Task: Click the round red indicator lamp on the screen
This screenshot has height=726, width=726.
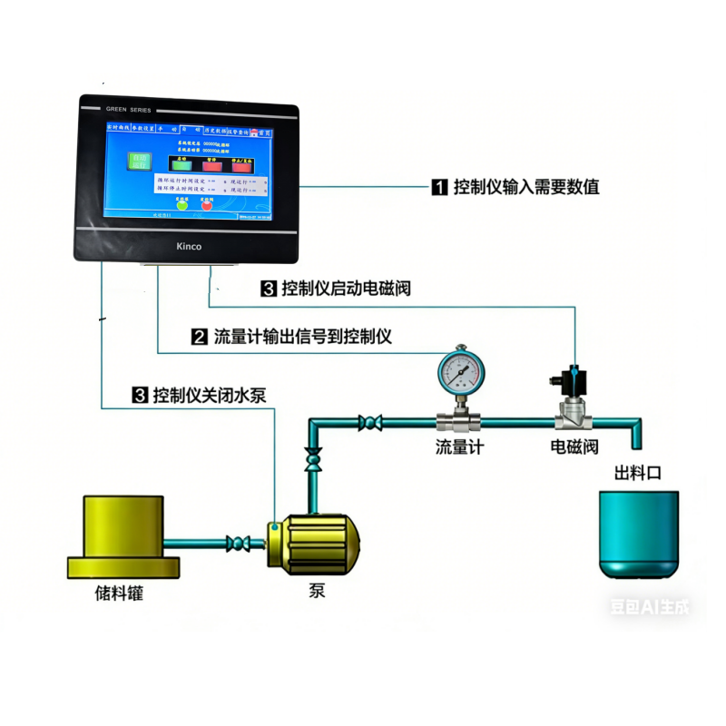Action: [x=206, y=204]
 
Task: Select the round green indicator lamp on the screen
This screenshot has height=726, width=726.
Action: [x=181, y=204]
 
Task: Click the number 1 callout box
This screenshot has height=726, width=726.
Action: [x=439, y=188]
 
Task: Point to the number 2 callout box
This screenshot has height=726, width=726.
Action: [x=200, y=338]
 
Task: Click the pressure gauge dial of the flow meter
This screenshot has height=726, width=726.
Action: [x=460, y=369]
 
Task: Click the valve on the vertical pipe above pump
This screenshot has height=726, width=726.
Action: [x=314, y=458]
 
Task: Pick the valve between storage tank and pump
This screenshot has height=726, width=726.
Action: [x=237, y=543]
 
